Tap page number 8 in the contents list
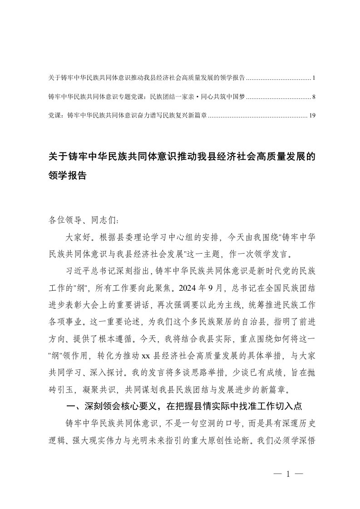[314, 97]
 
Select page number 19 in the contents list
[312, 116]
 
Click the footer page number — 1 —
[288, 475]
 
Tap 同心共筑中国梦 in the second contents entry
[223, 97]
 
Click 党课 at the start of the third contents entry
[54, 116]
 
